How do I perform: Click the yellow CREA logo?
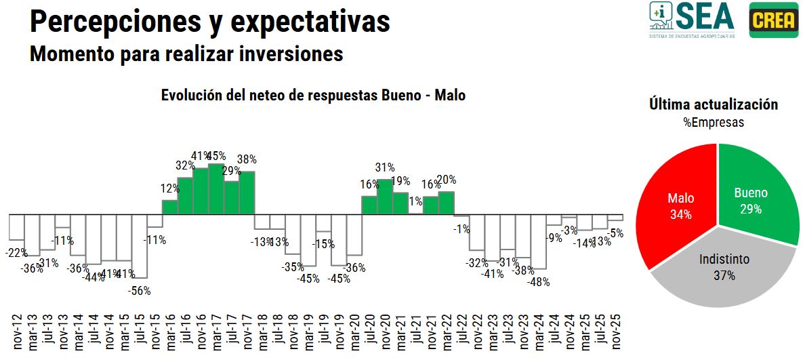(x=774, y=20)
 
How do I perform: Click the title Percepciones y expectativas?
(x=210, y=21)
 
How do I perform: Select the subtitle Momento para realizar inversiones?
(x=186, y=53)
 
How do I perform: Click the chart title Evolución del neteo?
(x=313, y=96)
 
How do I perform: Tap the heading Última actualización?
(x=714, y=104)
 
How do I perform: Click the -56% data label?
(x=140, y=291)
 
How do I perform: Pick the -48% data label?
(x=539, y=281)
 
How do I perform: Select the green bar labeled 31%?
(x=385, y=197)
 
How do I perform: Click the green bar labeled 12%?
(x=169, y=207)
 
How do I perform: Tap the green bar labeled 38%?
(x=247, y=193)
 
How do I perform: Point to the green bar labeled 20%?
(x=446, y=203)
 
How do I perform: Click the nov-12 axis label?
(x=17, y=333)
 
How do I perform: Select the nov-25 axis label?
(x=616, y=333)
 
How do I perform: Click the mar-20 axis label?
(x=354, y=333)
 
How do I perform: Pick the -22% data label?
(x=16, y=253)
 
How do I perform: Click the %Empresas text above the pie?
(x=714, y=123)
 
